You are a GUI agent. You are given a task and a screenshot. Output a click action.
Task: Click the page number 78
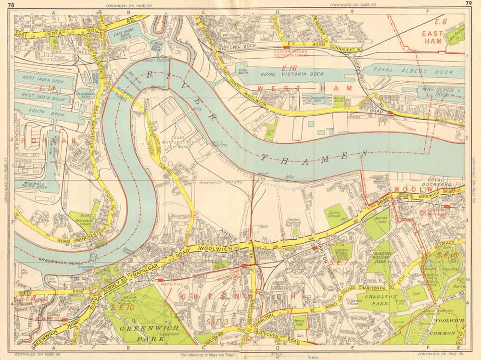coord(18,4)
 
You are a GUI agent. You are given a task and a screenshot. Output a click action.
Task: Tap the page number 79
coord(468,4)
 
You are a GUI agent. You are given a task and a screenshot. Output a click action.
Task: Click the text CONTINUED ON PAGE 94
coord(36,355)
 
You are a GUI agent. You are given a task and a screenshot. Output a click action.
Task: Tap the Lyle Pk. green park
coord(271,129)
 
